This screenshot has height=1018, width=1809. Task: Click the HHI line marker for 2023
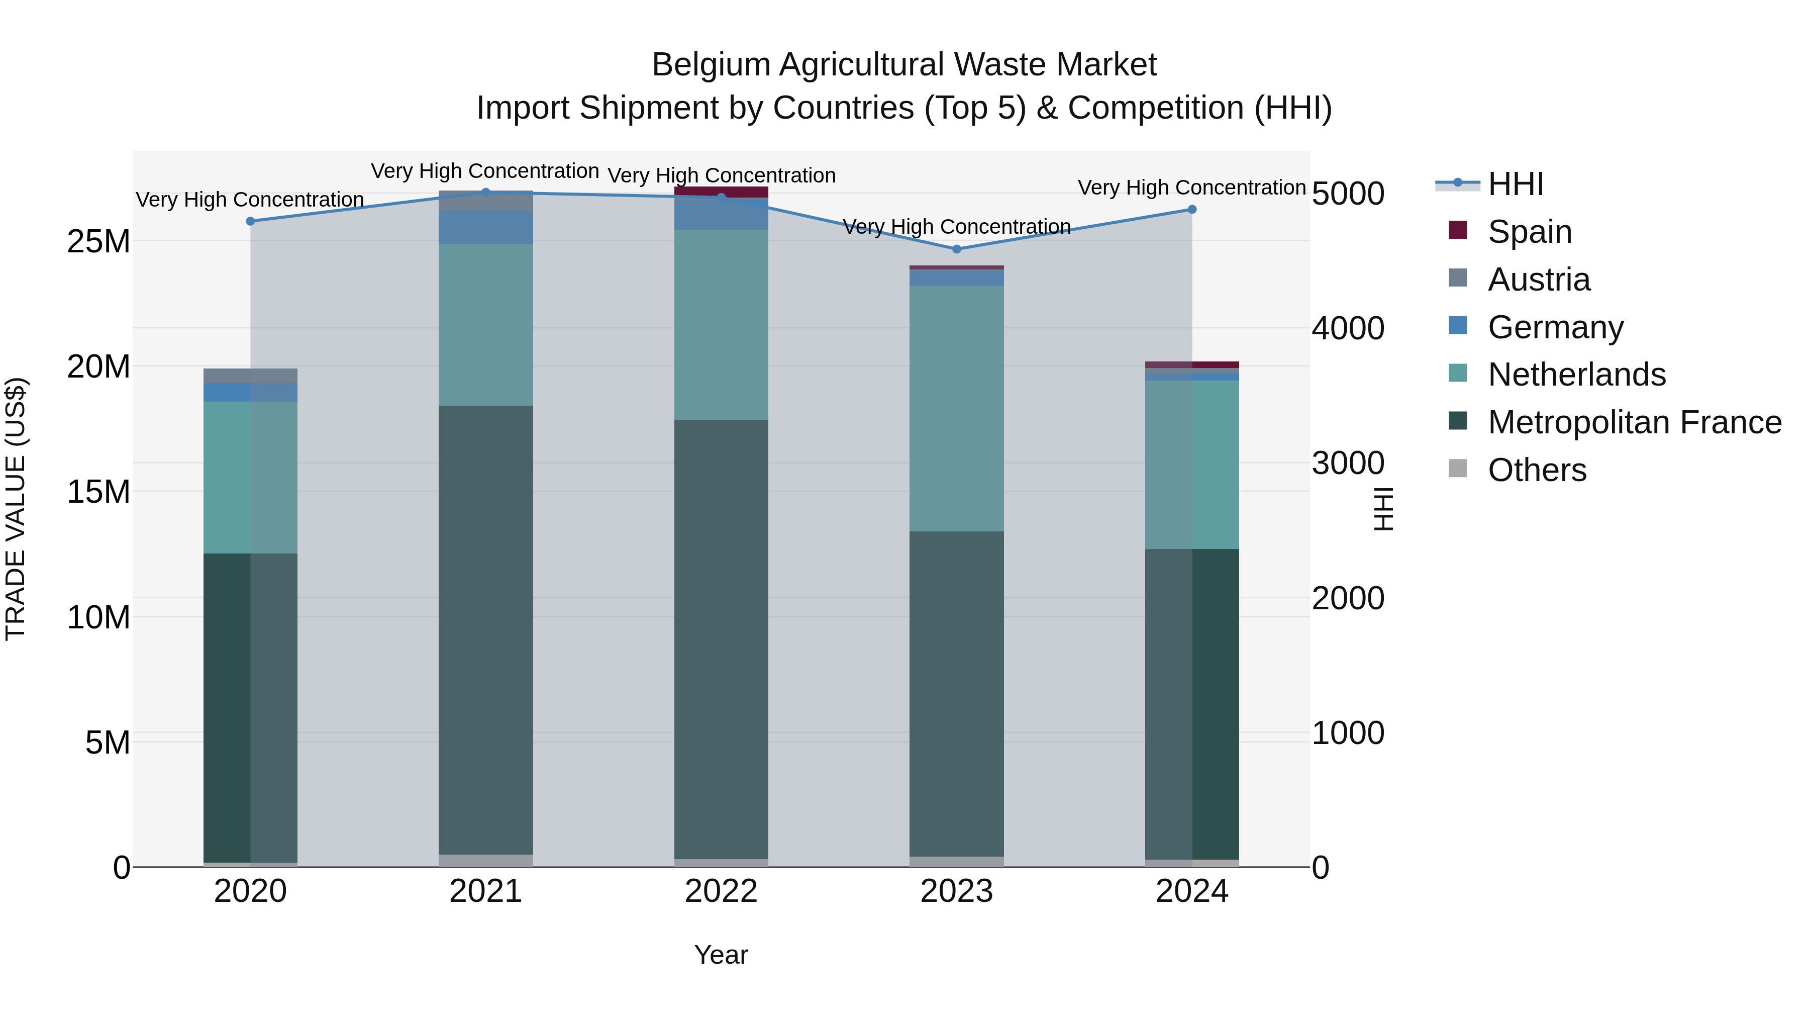click(x=956, y=249)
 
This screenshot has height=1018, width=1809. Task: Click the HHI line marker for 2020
click(x=250, y=221)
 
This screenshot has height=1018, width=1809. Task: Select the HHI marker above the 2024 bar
click(x=1192, y=209)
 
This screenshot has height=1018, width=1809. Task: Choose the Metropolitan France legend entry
click(x=1634, y=422)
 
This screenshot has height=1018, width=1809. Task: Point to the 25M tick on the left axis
click(x=98, y=242)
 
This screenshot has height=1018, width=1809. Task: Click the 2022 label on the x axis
click(x=721, y=891)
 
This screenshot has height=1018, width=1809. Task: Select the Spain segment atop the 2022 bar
click(x=721, y=192)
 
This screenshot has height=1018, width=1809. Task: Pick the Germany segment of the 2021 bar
click(x=485, y=228)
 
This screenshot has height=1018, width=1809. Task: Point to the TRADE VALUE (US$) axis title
click(x=16, y=509)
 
